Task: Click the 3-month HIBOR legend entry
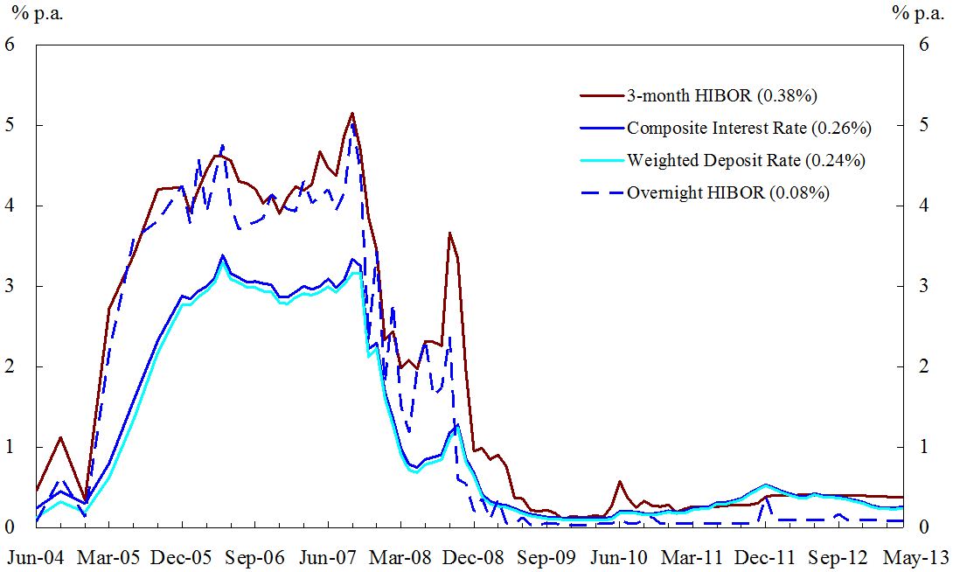(x=721, y=95)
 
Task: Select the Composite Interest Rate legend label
(x=748, y=128)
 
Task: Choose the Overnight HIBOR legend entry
(x=727, y=192)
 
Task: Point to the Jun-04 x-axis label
(x=36, y=556)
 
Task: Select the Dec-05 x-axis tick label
(x=183, y=556)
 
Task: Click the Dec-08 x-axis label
(x=476, y=556)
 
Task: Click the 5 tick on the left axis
(x=10, y=125)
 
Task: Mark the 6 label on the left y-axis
(x=10, y=45)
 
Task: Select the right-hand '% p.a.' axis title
(x=915, y=12)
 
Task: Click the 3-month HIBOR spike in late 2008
(x=449, y=234)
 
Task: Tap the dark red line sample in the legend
(x=601, y=95)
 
